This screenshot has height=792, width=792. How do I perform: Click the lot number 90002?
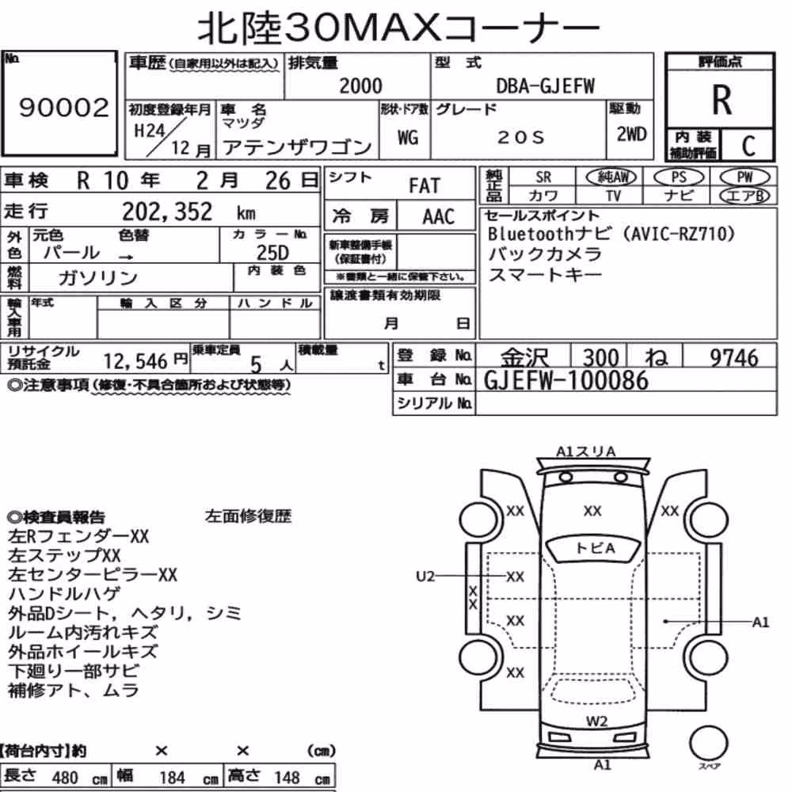point(63,108)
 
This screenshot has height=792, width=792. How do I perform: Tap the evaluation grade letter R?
point(722,100)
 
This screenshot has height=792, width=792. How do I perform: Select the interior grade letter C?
point(748,146)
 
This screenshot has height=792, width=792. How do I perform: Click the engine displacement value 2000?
point(360,86)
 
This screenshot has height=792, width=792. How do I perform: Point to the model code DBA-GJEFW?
point(545,86)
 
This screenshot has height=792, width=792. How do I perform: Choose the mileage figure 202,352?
point(167,211)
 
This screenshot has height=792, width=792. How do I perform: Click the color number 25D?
point(272,253)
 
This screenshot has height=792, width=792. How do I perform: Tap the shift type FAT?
point(425,186)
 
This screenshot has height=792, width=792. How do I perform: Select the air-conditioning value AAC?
point(439,217)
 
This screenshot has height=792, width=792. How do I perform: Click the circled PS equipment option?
point(679,177)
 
